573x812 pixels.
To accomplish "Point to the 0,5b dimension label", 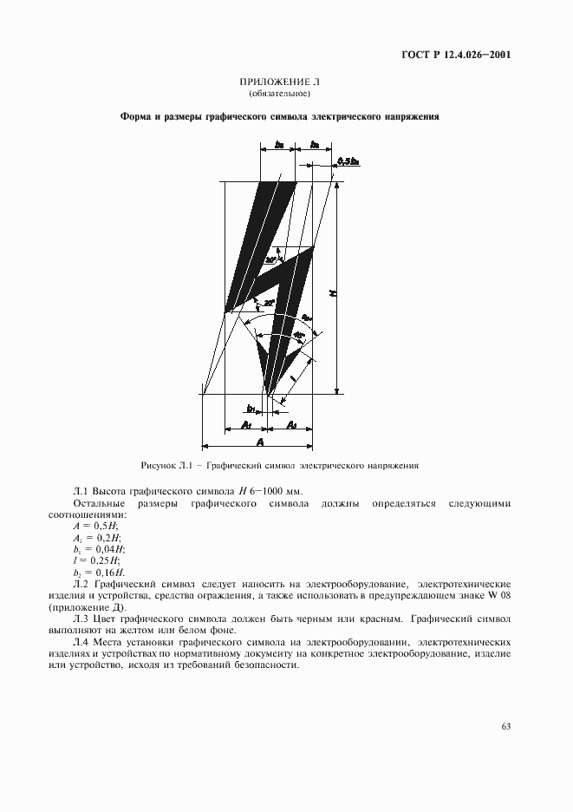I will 348,161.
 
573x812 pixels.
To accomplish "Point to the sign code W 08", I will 497,595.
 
